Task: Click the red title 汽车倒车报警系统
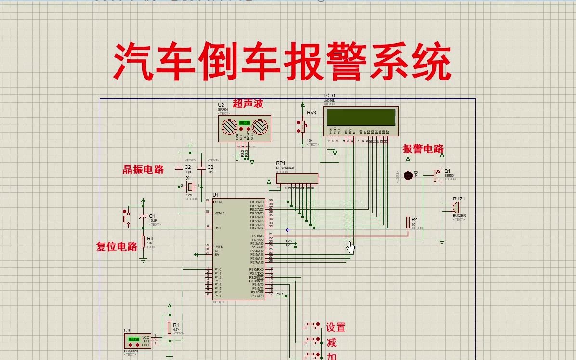[283, 62]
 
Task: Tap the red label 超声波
[248, 103]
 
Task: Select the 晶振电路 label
[143, 169]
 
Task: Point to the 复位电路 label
[117, 247]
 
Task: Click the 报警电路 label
[423, 148]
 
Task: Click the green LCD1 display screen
[361, 117]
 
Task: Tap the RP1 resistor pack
[297, 178]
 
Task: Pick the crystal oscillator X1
[191, 187]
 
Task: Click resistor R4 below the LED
[408, 222]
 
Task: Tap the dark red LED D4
[408, 175]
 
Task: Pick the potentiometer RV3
[303, 126]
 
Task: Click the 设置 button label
[336, 327]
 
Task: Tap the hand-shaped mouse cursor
[351, 248]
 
